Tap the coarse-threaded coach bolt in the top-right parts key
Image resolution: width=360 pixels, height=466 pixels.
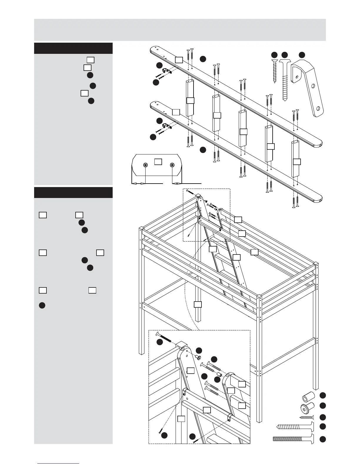(284, 79)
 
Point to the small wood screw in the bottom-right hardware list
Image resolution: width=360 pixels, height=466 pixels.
(306, 417)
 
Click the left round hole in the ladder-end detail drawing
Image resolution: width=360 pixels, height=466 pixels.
(145, 165)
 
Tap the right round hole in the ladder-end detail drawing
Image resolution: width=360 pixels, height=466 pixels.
(172, 165)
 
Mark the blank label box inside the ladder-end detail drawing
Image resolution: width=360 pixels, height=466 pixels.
(158, 162)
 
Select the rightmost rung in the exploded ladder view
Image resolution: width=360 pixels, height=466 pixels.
(296, 159)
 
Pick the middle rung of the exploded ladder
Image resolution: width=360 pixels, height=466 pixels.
(243, 129)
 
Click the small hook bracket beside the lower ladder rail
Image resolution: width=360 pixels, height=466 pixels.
(167, 126)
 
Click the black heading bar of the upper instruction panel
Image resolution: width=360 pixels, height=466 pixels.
(73, 48)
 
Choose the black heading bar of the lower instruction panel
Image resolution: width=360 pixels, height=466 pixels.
(73, 192)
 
